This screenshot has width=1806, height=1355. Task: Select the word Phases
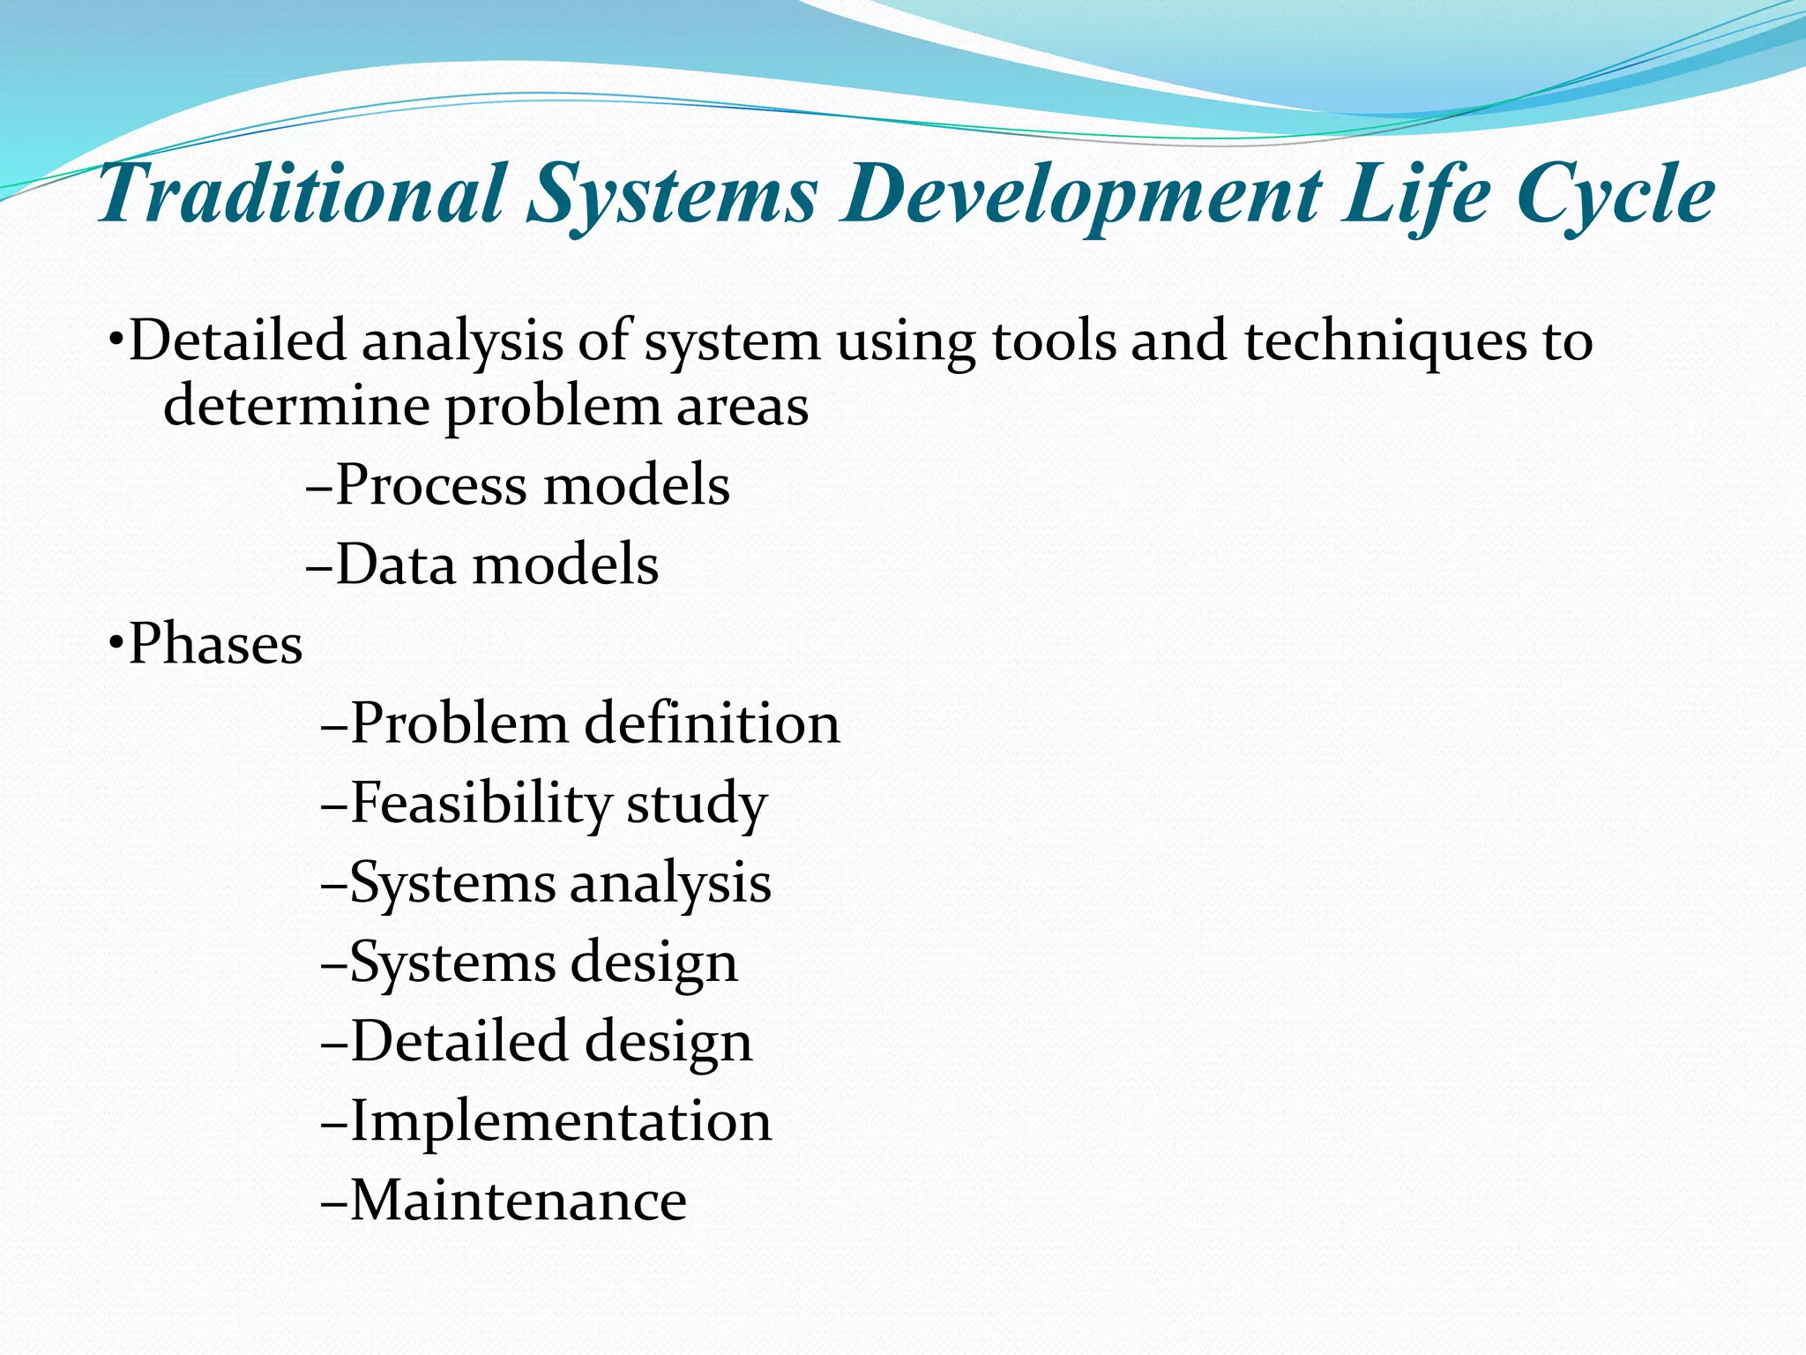pyautogui.click(x=216, y=643)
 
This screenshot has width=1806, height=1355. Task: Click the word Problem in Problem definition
pyautogui.click(x=459, y=723)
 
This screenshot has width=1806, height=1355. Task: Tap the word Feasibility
pyautogui.click(x=481, y=804)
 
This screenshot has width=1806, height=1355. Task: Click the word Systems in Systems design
pyautogui.click(x=451, y=962)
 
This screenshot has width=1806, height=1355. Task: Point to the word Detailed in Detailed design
pyautogui.click(x=459, y=1042)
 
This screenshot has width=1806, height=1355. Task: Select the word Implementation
pyautogui.click(x=561, y=1121)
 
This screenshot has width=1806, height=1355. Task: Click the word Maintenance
pyautogui.click(x=519, y=1201)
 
